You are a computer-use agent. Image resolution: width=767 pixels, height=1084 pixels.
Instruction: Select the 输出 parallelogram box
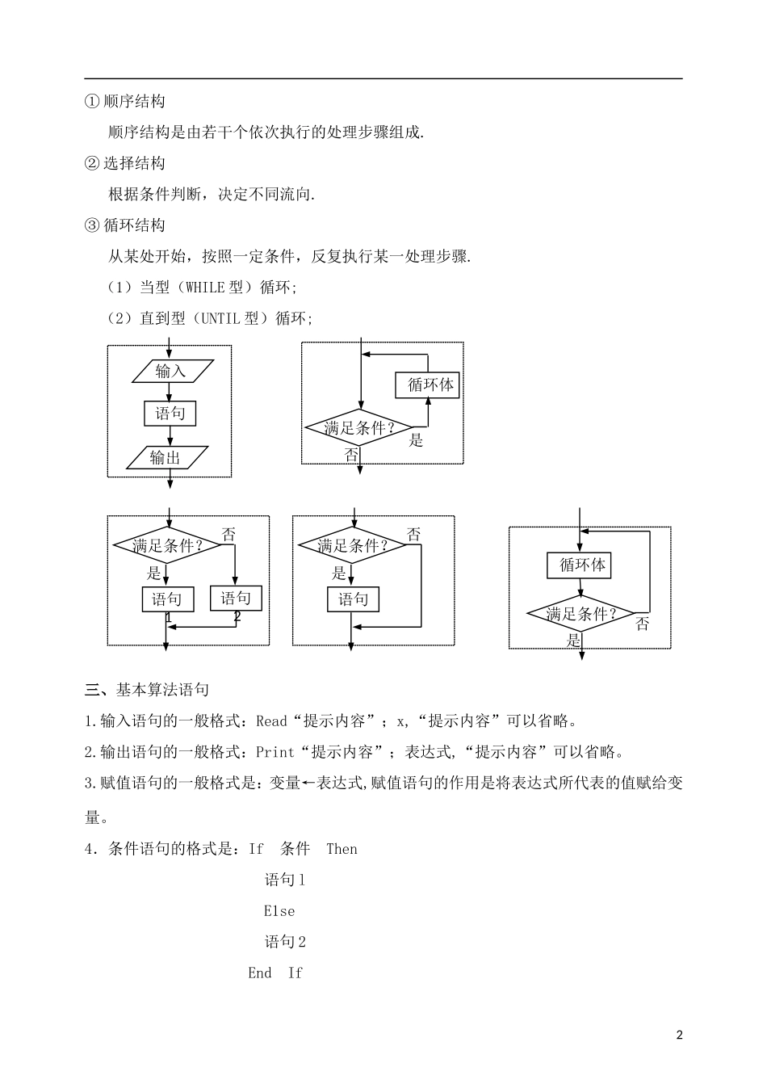coord(166,457)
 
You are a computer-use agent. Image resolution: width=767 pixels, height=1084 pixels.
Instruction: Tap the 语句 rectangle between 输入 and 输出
coord(170,414)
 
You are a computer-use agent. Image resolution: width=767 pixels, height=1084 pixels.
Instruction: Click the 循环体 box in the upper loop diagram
coord(428,384)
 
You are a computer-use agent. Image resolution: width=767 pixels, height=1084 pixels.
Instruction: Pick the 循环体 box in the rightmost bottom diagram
coord(580,565)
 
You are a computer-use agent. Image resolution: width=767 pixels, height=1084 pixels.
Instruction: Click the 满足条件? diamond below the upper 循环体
coord(360,428)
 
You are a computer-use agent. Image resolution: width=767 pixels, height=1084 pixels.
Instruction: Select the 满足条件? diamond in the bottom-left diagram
coord(167,545)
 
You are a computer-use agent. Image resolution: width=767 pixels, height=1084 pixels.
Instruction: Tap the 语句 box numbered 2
coord(236,599)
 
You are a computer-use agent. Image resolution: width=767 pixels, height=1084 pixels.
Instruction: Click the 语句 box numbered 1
coord(167,599)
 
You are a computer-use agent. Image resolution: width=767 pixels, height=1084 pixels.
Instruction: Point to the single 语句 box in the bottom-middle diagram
coord(353,599)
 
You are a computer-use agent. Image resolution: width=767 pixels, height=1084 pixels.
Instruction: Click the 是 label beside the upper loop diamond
coord(416,440)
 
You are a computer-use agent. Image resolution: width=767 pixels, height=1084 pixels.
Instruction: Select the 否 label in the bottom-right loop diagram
coord(643,624)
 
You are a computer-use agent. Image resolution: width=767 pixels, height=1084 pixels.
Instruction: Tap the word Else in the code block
coord(279,911)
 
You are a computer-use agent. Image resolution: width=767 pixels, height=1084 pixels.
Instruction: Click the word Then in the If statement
coord(342,849)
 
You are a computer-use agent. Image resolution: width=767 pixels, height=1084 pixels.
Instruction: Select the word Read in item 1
coord(272,721)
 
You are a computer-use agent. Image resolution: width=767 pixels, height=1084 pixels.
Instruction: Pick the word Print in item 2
coord(275,752)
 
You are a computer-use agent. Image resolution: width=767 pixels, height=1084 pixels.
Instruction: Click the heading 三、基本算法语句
coord(147,690)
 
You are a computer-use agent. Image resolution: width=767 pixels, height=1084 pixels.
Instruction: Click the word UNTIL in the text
coord(220,318)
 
